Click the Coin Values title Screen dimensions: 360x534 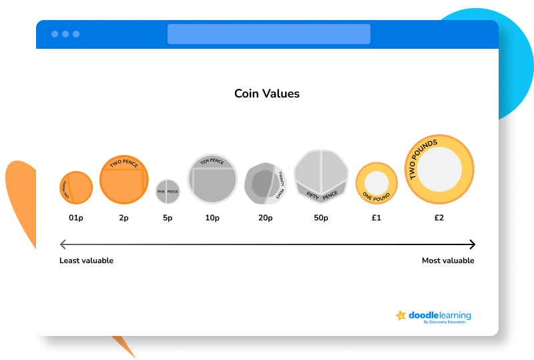267,94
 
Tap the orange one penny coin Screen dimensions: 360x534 76,188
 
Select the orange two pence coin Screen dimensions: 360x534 123,179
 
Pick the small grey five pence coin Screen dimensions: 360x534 168,191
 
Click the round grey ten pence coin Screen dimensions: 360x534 212,178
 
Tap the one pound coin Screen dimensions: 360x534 376,182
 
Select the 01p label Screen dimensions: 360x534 76,218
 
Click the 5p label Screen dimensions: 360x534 168,218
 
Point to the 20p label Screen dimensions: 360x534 265,218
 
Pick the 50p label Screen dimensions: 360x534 321,218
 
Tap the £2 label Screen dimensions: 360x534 439,218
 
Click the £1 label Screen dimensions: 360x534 376,218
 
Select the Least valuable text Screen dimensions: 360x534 87,260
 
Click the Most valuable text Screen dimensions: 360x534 448,260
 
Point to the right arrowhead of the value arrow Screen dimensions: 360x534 472,244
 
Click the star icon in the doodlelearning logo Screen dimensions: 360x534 401,316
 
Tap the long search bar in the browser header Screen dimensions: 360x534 268,34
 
